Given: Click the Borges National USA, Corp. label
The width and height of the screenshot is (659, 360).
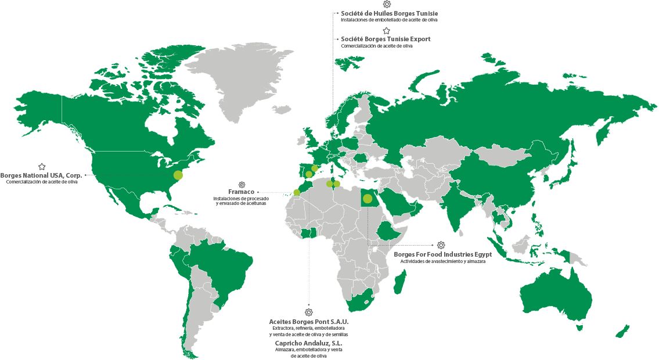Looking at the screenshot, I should tap(41, 175).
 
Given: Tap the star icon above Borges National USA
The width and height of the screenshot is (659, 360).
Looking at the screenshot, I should tap(42, 167).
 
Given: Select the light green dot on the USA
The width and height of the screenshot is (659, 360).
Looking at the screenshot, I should tap(178, 175).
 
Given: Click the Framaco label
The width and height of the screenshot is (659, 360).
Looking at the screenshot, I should tap(242, 192).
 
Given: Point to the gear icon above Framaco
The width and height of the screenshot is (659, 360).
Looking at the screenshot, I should tap(242, 184).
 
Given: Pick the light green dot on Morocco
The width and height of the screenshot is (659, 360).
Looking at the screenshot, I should tap(297, 192).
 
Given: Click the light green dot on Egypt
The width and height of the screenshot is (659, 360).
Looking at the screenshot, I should tap(368, 199).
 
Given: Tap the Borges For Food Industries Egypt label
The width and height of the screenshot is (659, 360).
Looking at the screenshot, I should tap(443, 254).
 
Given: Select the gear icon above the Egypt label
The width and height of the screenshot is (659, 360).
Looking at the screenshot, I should tap(441, 245).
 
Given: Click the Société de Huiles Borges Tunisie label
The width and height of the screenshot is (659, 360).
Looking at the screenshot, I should tap(390, 13).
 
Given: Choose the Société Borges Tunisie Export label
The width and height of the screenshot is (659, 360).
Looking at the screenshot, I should tap(386, 39).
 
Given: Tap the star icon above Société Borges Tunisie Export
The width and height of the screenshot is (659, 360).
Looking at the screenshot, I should tap(387, 31).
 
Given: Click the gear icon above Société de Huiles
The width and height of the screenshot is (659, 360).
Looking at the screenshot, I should tap(387, 4).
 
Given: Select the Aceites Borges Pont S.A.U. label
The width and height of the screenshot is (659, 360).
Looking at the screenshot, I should tap(309, 321).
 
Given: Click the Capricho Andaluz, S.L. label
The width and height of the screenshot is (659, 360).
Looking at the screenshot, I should tap(309, 343).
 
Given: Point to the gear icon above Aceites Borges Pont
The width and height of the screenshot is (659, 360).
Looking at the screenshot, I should tap(309, 312).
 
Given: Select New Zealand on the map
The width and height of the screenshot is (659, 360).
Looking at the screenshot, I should tap(622, 331).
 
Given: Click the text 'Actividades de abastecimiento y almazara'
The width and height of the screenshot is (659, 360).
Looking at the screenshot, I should tap(442, 262).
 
